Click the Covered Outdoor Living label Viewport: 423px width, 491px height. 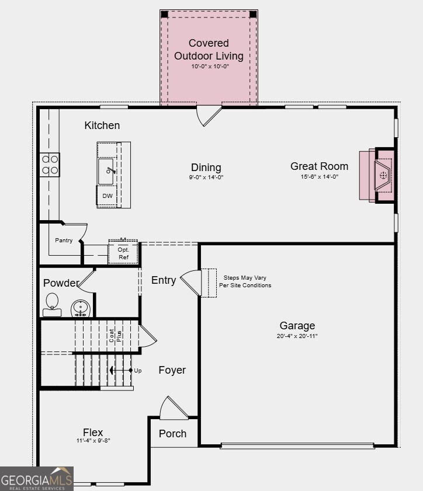point(209,50)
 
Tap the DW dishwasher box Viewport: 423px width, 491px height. point(108,196)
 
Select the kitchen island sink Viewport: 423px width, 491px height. point(106,171)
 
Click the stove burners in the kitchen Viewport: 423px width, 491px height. point(50,164)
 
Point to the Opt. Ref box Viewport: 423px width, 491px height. point(123,253)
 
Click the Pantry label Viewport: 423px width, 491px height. point(64,240)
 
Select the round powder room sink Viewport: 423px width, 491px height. point(80,307)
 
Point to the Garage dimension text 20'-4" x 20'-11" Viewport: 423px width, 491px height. point(297,336)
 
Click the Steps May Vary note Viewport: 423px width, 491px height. point(245,281)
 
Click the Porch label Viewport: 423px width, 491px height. point(173,433)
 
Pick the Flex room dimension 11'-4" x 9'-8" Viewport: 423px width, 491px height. point(92,441)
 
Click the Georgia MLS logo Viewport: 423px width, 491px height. point(37,479)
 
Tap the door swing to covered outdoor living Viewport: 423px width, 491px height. point(209,115)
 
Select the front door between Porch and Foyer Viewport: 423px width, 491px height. point(174,408)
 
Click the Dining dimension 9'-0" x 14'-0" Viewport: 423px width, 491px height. point(206,177)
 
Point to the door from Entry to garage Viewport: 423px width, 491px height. point(192,283)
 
